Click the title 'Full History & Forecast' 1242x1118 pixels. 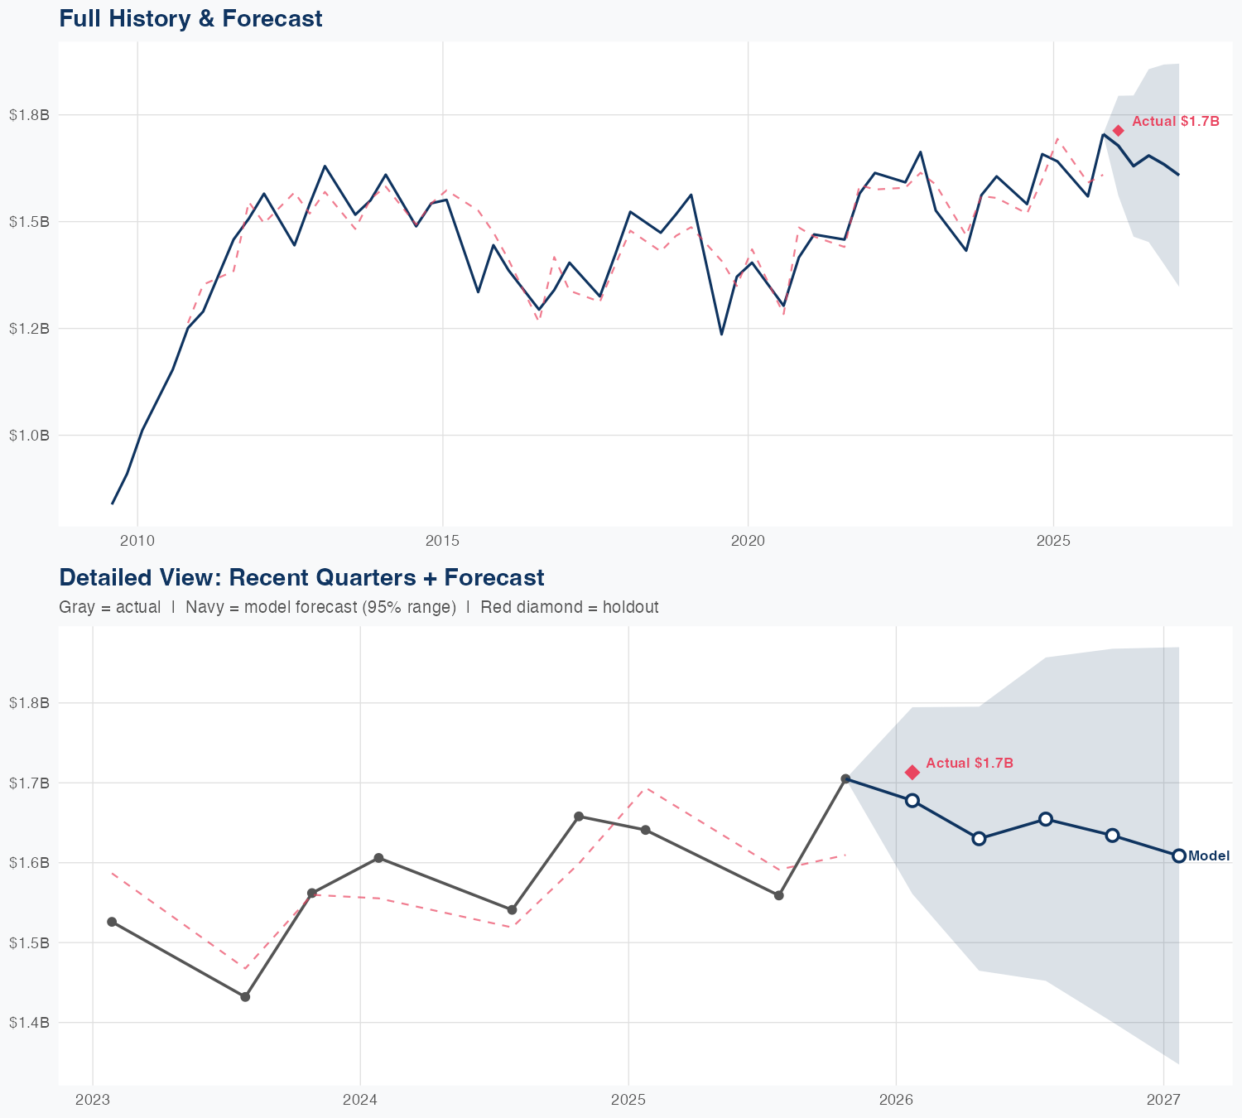tap(190, 18)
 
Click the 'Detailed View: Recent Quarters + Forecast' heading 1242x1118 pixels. tap(301, 577)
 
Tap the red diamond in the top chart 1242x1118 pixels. tap(1118, 131)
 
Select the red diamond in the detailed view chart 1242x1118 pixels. tap(912, 772)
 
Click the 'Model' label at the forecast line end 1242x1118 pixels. tap(1209, 856)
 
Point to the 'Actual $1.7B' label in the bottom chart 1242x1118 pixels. tap(970, 763)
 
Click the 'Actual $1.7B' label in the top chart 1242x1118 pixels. tap(1176, 121)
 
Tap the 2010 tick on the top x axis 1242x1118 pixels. tap(137, 541)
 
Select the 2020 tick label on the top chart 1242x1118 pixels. tap(748, 541)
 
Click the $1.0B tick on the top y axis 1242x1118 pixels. tap(30, 435)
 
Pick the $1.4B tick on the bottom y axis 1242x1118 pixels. tap(30, 1022)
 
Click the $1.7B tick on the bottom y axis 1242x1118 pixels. tap(30, 783)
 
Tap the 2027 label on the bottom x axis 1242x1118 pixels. tap(1163, 1100)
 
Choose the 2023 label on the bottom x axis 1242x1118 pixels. tap(93, 1100)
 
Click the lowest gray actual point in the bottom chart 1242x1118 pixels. tap(245, 996)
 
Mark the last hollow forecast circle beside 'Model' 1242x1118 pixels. tap(1179, 855)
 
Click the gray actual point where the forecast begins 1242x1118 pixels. tap(845, 778)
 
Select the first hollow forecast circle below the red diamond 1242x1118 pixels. tap(912, 800)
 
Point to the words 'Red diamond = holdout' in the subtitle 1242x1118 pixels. tap(570, 607)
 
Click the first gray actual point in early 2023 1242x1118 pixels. tap(112, 922)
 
